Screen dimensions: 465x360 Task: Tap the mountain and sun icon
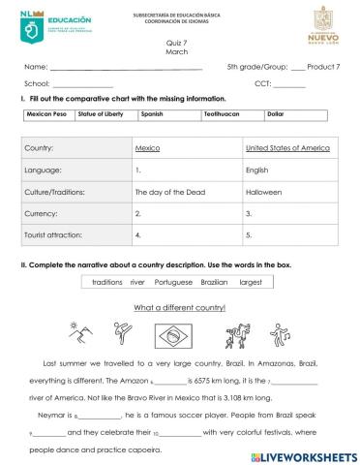(x=79, y=334)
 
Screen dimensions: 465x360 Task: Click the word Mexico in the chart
(x=147, y=149)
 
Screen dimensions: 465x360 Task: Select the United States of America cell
(x=287, y=149)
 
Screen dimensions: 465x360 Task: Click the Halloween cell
(x=263, y=192)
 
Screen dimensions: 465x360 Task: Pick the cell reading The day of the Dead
(x=167, y=192)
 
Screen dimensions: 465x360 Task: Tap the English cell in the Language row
(x=257, y=170)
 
